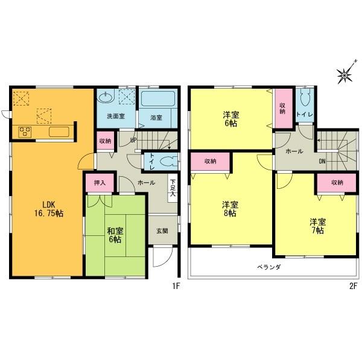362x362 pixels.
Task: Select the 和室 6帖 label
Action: pos(115,234)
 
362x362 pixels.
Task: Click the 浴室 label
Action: pos(156,117)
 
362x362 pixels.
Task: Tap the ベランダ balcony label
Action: pos(266,267)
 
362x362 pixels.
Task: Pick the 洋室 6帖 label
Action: pos(230,118)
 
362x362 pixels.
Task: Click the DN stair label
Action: pos(323,161)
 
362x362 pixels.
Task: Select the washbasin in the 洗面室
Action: pos(107,97)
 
